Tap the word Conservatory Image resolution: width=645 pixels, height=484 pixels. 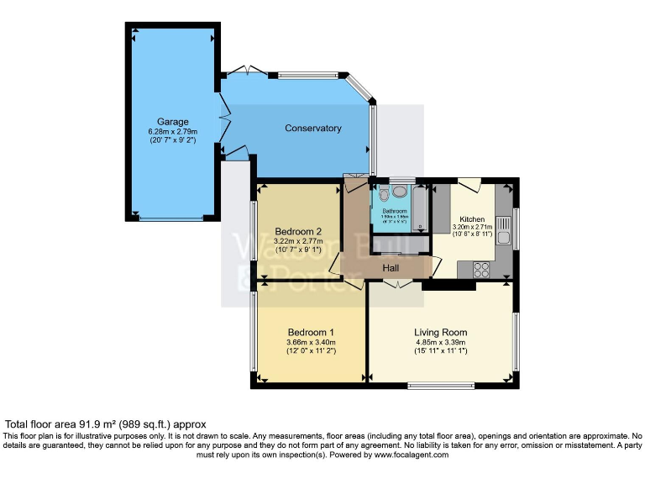[312, 129]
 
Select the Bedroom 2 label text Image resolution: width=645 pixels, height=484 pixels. [298, 231]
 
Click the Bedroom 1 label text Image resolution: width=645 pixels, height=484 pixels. [311, 331]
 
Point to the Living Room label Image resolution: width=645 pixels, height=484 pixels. [440, 332]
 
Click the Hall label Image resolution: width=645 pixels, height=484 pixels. [391, 268]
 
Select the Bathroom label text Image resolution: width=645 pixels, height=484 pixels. [395, 211]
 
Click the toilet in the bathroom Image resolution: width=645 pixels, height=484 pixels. [384, 192]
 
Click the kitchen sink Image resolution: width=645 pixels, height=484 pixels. [504, 228]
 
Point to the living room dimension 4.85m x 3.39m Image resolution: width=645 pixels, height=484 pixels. [440, 343]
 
